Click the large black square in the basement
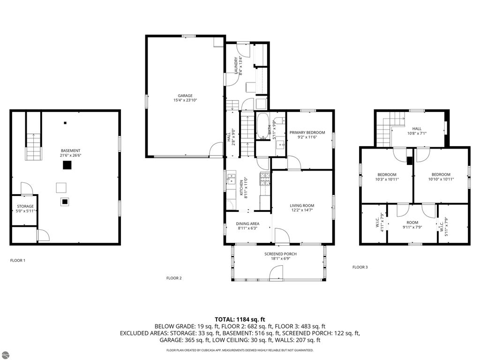click(67, 165)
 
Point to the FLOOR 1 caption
click(18, 260)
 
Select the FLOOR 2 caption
click(174, 278)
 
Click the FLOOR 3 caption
click(360, 267)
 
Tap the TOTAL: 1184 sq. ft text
click(240, 319)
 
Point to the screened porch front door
click(277, 272)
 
